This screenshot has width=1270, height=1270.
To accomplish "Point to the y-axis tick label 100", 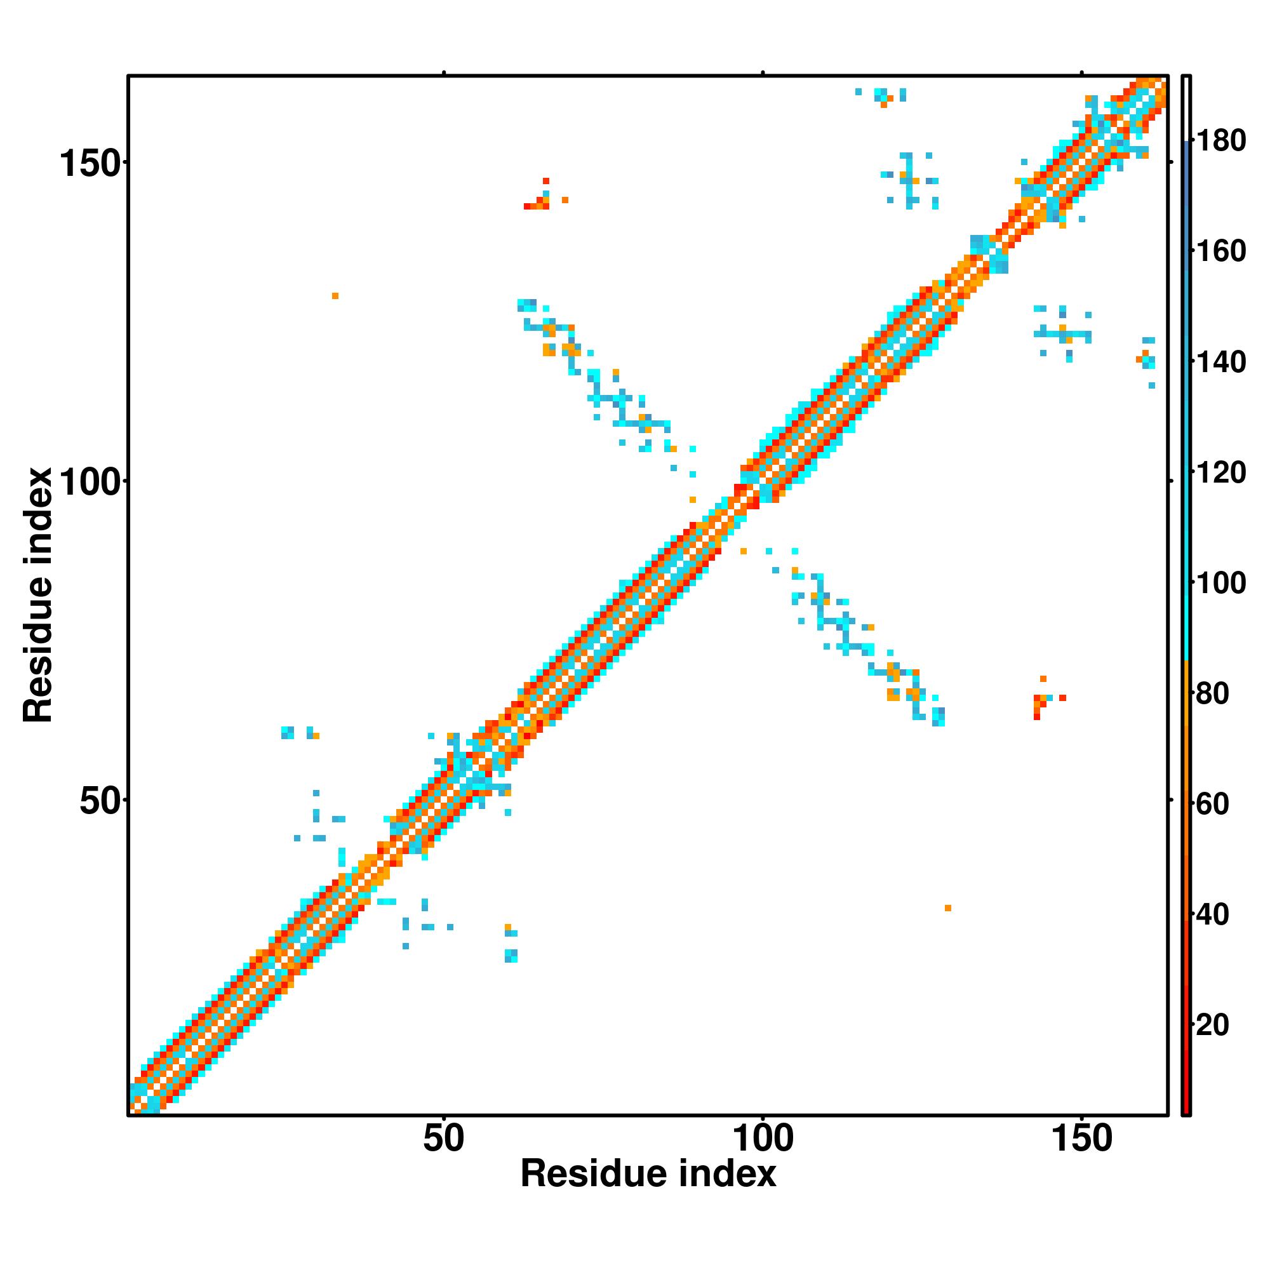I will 92,483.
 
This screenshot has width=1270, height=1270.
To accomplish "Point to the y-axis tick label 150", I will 92,164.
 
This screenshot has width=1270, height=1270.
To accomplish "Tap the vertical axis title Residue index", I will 37,595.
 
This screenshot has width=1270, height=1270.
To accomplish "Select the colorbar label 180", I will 1221,141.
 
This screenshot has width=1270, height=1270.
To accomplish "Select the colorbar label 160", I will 1221,251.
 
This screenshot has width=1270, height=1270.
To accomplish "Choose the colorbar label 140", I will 1221,361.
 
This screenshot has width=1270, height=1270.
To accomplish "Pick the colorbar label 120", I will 1221,472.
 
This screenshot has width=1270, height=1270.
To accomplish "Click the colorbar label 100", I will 1221,582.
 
